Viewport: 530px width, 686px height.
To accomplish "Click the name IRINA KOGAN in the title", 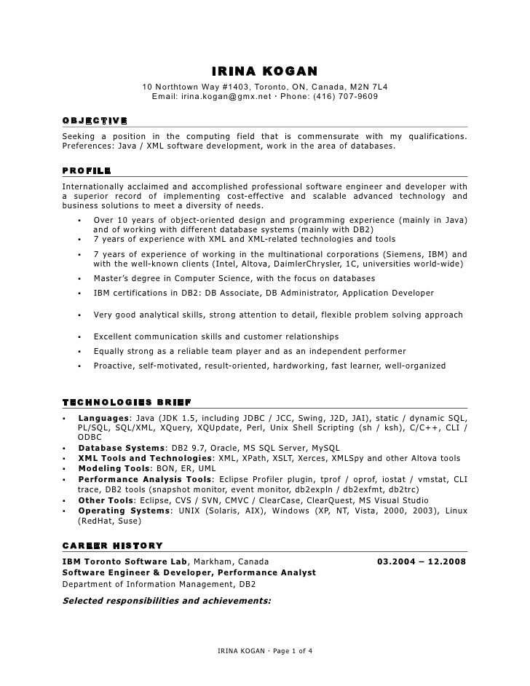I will coord(265,71).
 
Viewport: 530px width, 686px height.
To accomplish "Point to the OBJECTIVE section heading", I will coord(95,120).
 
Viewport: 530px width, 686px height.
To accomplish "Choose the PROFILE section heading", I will coord(87,170).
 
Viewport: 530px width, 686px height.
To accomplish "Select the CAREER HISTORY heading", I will coord(112,545).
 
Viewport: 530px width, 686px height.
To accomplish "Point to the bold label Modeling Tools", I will coord(114,468).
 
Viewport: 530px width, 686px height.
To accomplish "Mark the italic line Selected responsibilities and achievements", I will coord(167,602).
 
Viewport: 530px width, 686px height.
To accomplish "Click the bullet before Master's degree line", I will coord(78,279).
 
